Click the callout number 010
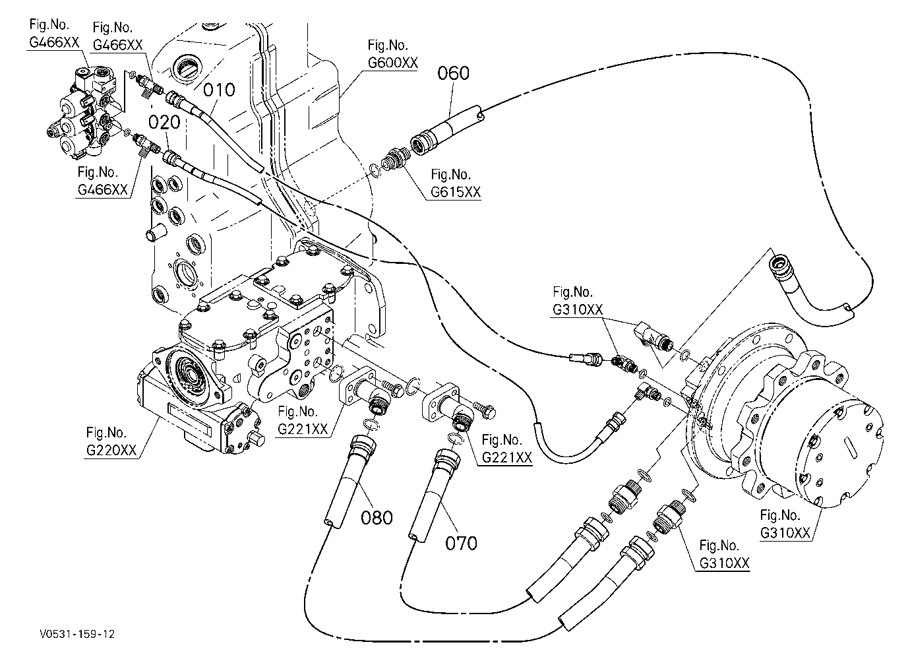[x=219, y=90]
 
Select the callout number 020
[x=164, y=122]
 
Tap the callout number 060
[x=454, y=73]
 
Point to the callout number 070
[x=461, y=543]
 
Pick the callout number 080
[x=377, y=518]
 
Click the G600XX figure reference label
[x=393, y=54]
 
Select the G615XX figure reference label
[x=456, y=183]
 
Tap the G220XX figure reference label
[x=111, y=441]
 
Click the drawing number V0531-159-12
[x=77, y=634]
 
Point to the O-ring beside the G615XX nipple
[x=375, y=170]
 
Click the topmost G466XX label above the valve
[x=54, y=34]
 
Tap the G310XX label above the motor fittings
[x=577, y=301]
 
